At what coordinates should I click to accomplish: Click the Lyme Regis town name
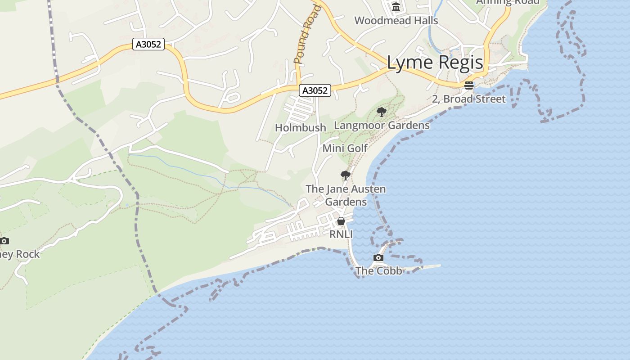coord(435,63)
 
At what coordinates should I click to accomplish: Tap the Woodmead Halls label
coord(396,20)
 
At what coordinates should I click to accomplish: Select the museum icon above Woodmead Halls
coord(396,7)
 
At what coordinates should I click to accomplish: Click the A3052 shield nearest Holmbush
coord(315,90)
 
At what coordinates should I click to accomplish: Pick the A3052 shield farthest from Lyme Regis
coord(148,44)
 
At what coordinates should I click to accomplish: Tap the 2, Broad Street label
coord(469,99)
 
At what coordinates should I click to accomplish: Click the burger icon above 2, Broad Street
coord(469,85)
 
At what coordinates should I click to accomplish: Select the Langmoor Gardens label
coord(382,125)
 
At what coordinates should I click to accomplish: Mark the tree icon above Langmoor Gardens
coord(382,112)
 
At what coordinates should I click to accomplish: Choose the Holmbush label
coord(301,128)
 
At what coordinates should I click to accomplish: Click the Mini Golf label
coord(345,148)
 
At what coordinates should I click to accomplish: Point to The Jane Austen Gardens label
coord(346,195)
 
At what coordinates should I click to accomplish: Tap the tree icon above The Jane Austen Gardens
coord(346,175)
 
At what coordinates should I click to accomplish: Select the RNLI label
coord(341,234)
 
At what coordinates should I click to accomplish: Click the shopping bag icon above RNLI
coord(341,221)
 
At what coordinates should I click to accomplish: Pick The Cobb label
coord(378,271)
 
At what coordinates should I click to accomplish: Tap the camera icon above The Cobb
coord(378,258)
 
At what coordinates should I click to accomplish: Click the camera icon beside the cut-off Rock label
coord(4,241)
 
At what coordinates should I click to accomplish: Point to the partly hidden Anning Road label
coord(508,2)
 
